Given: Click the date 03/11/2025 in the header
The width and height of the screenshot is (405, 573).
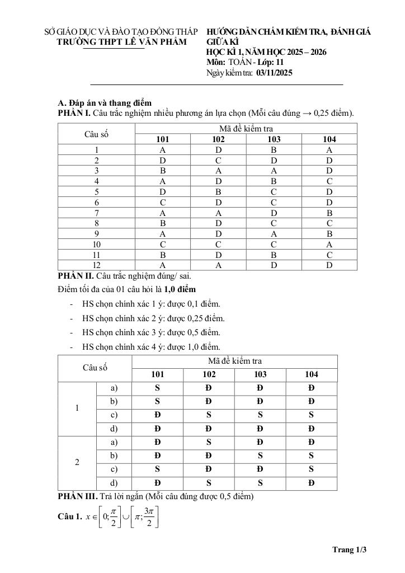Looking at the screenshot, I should (x=274, y=73).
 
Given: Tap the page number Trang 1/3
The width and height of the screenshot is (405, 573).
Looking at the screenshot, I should (x=349, y=549).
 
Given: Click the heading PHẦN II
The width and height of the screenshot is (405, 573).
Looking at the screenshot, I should (x=76, y=276).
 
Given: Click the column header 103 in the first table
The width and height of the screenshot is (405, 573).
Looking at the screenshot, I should (x=274, y=139).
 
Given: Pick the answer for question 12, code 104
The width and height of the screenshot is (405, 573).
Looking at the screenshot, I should (x=329, y=265).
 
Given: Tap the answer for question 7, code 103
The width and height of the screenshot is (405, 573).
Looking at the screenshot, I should (x=274, y=213).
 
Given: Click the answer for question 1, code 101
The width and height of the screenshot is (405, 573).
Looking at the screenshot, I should (x=162, y=150).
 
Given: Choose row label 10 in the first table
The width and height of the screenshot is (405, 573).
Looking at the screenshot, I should (x=96, y=244).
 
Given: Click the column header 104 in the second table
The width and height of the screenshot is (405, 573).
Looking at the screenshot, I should (x=311, y=375).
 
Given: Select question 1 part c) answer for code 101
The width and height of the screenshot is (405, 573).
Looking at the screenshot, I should (x=157, y=415).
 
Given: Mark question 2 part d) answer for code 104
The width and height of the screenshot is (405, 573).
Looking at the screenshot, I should (x=311, y=483).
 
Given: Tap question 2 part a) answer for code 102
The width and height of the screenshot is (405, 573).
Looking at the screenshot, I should (x=209, y=443).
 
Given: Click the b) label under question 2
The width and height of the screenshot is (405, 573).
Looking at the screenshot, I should (x=114, y=456).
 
